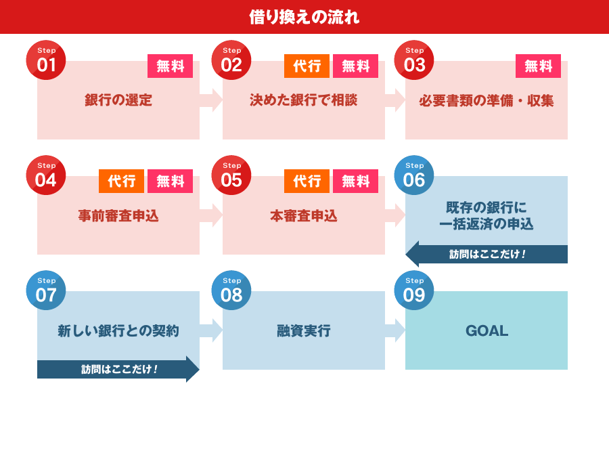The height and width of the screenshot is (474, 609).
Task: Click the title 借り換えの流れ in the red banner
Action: (304, 17)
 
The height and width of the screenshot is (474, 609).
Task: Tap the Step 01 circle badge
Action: (46, 60)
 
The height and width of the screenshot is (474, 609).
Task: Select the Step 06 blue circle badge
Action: (414, 175)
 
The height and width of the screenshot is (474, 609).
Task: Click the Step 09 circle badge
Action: (414, 290)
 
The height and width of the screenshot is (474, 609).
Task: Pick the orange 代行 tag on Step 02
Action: (307, 66)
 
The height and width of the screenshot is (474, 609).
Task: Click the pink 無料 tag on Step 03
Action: (539, 66)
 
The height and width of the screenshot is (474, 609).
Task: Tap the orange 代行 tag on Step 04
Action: (122, 181)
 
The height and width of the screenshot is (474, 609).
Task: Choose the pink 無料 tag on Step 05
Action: (355, 181)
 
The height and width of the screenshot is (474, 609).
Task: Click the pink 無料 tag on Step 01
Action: (170, 66)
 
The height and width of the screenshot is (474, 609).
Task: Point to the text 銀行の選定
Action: (118, 100)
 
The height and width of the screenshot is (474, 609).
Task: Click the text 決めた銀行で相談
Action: (304, 100)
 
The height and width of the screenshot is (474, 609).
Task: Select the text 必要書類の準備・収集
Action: (487, 101)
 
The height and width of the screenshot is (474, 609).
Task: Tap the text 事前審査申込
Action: (118, 215)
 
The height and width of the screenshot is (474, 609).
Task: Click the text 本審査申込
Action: (304, 215)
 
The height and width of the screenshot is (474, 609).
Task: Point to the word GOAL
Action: (487, 330)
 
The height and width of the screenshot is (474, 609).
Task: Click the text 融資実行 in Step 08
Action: (304, 330)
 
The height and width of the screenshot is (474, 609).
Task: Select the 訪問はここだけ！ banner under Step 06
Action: (487, 254)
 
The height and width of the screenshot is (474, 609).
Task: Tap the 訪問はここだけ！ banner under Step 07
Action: (118, 369)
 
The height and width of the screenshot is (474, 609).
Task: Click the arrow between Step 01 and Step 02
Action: (211, 100)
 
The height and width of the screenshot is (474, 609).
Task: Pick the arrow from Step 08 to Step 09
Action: (395, 330)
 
